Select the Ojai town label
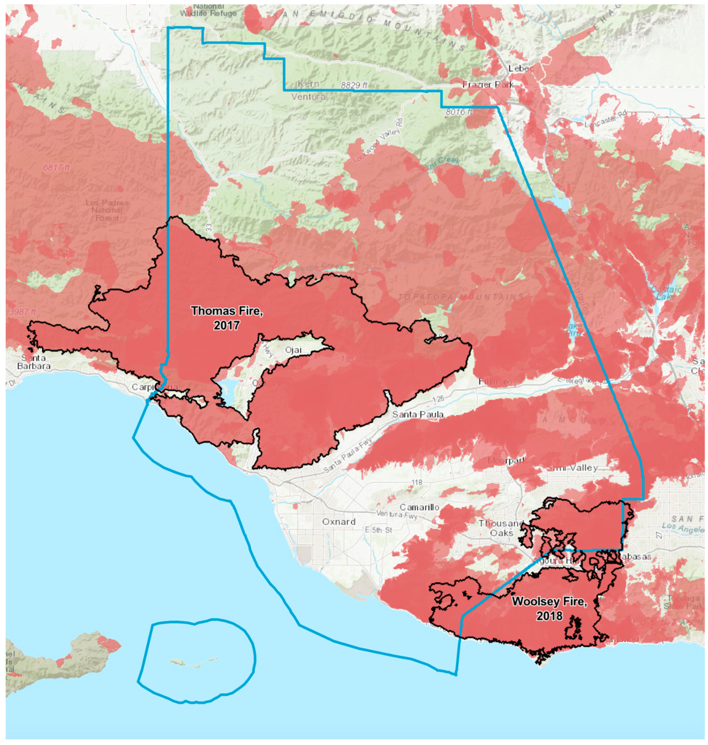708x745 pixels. coord(293,350)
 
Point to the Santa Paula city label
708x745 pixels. coord(418,414)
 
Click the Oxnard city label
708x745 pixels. coord(339,522)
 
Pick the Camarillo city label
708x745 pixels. coord(419,507)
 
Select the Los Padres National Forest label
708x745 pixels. coord(107,210)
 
